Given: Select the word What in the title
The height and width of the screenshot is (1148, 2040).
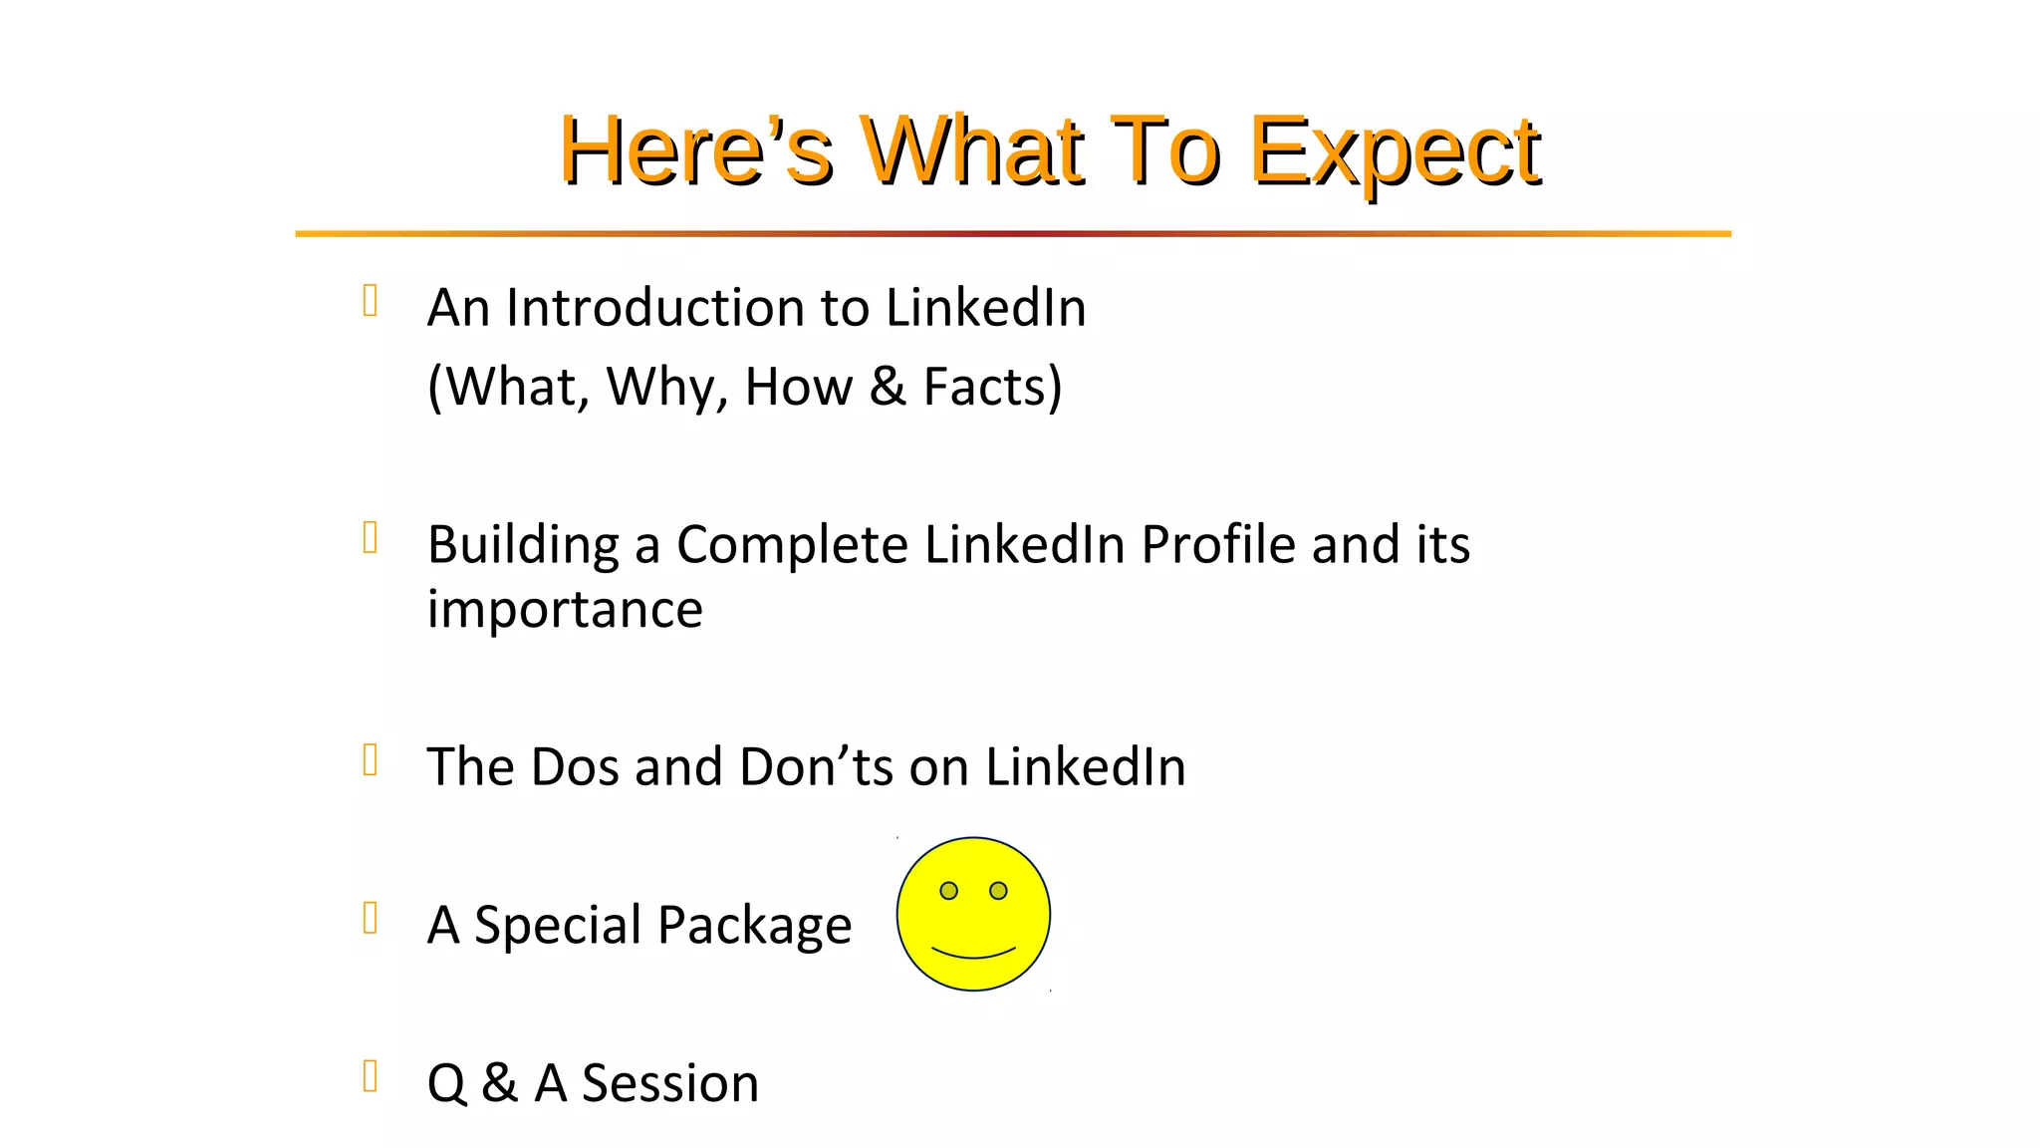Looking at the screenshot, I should pos(971,151).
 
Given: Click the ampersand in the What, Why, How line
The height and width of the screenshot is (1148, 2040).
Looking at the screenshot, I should pos(887,387).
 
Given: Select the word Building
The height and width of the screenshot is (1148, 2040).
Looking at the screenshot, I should pos(523,545).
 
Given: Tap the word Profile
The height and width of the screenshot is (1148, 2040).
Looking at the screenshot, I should pos(1217,545).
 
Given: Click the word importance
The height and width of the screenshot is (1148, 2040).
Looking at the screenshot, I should pos(565,609).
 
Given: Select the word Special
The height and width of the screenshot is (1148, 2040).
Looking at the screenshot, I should pos(556,926).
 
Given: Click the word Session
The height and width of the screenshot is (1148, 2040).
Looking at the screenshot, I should pos(669,1083).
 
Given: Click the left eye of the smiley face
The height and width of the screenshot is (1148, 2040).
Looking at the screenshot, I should pos(948,890).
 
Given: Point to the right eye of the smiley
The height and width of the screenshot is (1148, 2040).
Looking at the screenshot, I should pos(998,890).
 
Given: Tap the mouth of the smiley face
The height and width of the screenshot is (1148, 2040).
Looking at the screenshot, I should pos(973,954).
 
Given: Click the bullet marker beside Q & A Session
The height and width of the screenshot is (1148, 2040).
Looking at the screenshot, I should pos(371,1076).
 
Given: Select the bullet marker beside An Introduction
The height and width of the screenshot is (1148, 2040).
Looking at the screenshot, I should pos(371,301).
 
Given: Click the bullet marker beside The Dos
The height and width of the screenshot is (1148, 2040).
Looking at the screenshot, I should pos(371,760).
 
